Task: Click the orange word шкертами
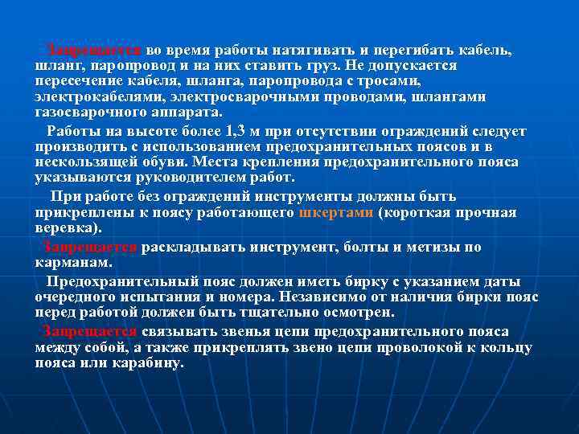335,213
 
